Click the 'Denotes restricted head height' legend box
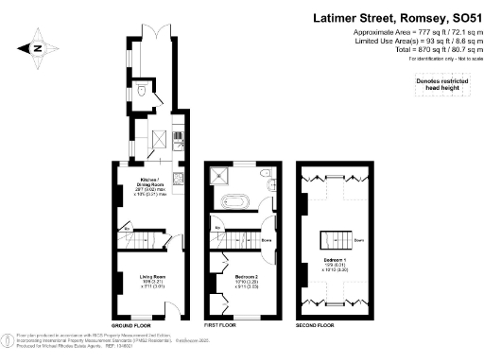click(x=443, y=87)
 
